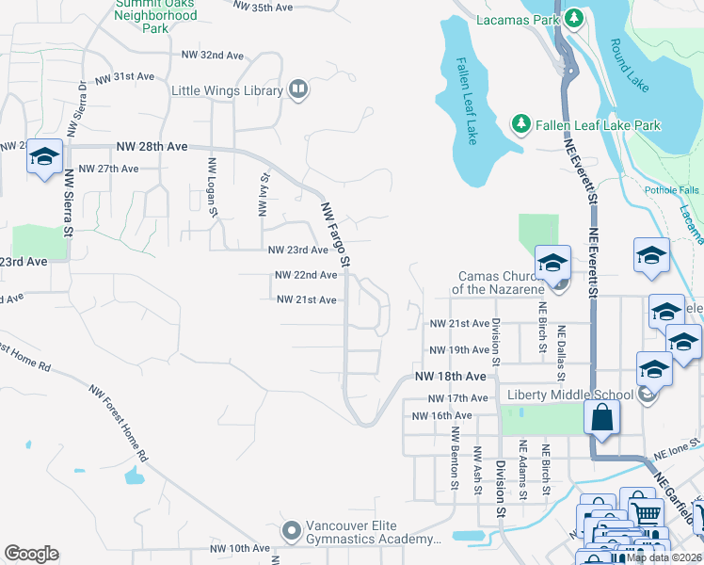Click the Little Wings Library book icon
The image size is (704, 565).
point(298,89)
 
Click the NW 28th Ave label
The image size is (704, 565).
point(152,147)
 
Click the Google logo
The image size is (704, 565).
point(31,554)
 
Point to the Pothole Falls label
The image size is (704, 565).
point(672,190)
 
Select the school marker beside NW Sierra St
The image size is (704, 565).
point(44,156)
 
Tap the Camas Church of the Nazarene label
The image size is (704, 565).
point(495,282)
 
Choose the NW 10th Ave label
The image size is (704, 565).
point(240,548)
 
